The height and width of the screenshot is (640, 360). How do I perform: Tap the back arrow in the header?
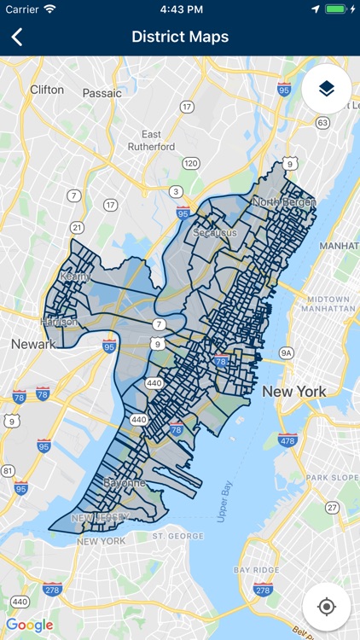pyautogui.click(x=17, y=37)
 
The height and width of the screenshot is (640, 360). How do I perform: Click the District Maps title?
pyautogui.click(x=180, y=37)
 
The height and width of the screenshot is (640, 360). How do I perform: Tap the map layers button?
pyautogui.click(x=326, y=89)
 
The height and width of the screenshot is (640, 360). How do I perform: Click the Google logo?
pyautogui.click(x=30, y=625)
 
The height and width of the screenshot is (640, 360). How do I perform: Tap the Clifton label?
pyautogui.click(x=47, y=89)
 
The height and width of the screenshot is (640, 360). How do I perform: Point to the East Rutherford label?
pyautogui.click(x=152, y=141)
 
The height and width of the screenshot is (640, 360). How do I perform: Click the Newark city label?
pyautogui.click(x=32, y=344)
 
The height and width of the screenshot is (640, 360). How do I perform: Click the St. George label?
pyautogui.click(x=174, y=536)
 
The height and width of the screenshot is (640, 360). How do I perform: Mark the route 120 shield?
pyautogui.click(x=191, y=163)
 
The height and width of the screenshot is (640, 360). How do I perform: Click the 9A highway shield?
pyautogui.click(x=287, y=352)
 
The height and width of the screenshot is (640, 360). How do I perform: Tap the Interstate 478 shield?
pyautogui.click(x=287, y=441)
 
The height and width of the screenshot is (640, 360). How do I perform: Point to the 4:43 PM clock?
pyautogui.click(x=180, y=9)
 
